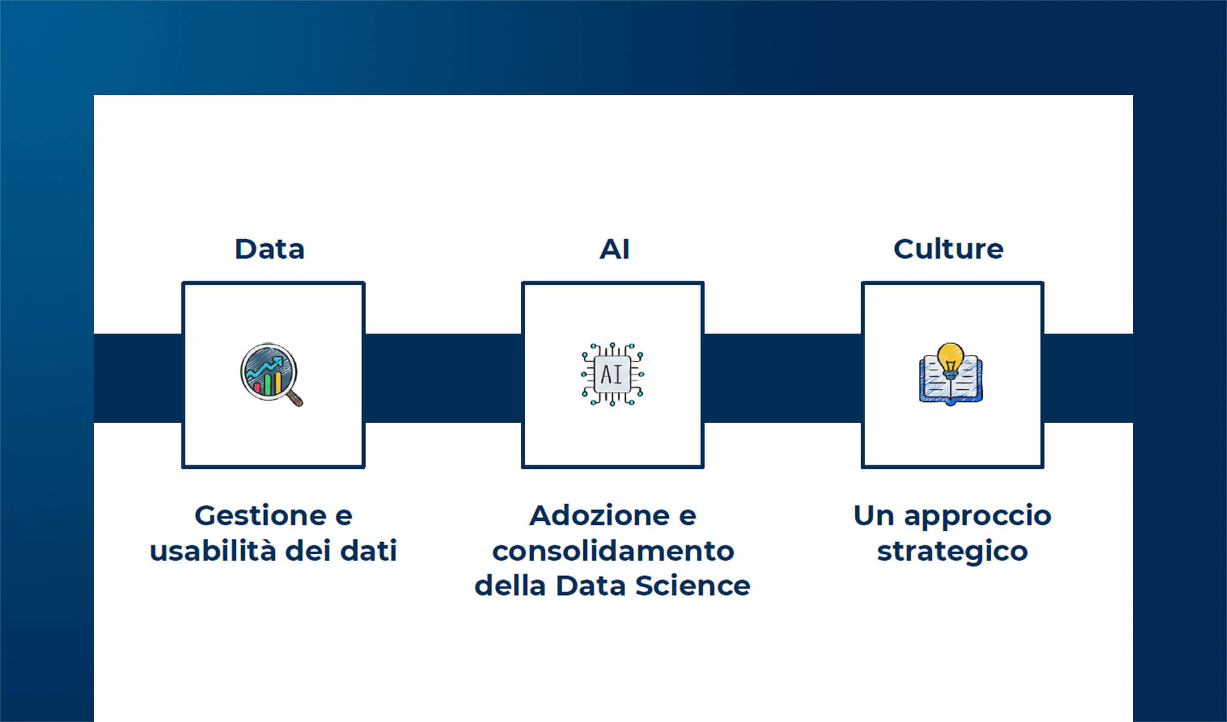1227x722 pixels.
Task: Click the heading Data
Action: click(x=269, y=249)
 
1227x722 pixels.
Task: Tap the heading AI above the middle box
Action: click(x=614, y=249)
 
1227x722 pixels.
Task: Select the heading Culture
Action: click(x=948, y=249)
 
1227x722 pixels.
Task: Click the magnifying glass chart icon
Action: click(x=271, y=374)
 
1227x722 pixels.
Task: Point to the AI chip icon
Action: click(x=612, y=374)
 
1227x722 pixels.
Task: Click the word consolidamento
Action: click(x=613, y=551)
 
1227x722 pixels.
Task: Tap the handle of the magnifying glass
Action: click(x=295, y=398)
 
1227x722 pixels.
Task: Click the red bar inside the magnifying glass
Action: click(x=257, y=387)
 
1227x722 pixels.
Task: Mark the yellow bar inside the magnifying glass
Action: click(x=278, y=383)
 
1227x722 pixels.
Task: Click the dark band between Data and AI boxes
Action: click(x=443, y=378)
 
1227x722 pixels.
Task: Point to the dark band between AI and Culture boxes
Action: click(x=783, y=378)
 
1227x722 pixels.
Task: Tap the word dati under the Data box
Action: click(x=368, y=551)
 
